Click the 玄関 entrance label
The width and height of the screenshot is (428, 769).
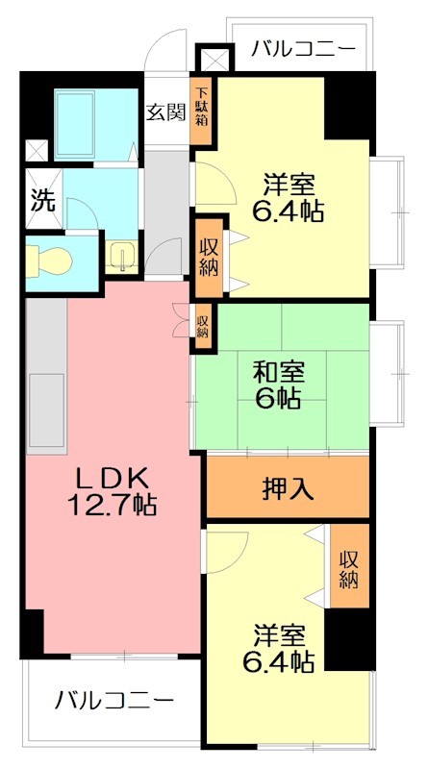(165, 112)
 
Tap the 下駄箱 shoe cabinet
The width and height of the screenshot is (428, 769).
(203, 112)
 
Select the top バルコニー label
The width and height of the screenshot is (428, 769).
(303, 48)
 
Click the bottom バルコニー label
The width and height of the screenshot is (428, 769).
(113, 700)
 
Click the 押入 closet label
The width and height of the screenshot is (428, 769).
(289, 488)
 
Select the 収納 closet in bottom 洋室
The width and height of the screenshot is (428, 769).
(348, 566)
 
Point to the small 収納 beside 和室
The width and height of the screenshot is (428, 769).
(202, 320)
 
